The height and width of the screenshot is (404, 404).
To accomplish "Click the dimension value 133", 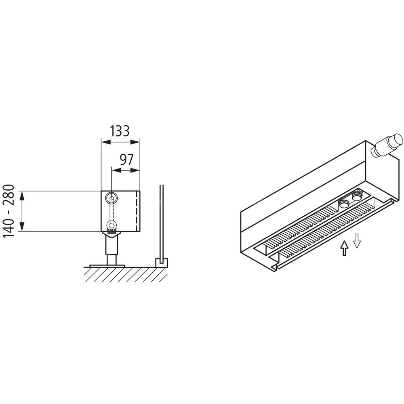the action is (x=120, y=131).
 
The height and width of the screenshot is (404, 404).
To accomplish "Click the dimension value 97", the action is (x=127, y=160).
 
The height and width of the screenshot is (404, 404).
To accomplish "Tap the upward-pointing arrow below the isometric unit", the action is (x=344, y=248).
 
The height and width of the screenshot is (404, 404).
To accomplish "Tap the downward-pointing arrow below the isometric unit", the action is (x=357, y=241).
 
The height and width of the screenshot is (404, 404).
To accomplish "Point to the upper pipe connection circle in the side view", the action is (x=112, y=198).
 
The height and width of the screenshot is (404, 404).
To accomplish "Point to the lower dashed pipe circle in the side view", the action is (x=112, y=226).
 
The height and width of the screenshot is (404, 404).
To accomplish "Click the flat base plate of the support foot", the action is (x=107, y=266).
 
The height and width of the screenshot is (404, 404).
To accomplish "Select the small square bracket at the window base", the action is (x=161, y=263).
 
